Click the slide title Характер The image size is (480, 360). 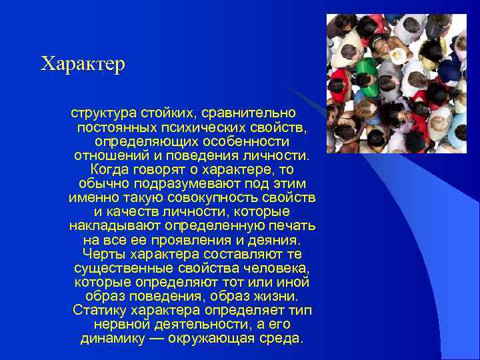tap(83, 65)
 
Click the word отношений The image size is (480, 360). tap(109, 156)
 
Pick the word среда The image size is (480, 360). tap(284, 338)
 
